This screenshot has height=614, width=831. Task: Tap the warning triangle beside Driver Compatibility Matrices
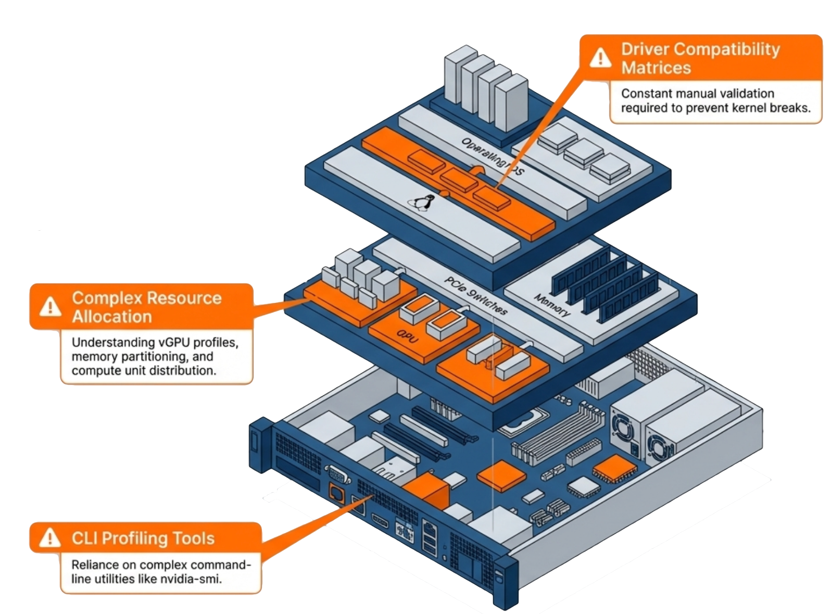pyautogui.click(x=601, y=57)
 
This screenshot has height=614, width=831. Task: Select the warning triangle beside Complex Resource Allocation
pyautogui.click(x=51, y=306)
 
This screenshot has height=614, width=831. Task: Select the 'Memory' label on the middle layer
pyautogui.click(x=552, y=305)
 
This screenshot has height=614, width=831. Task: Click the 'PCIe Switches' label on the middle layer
pyautogui.click(x=475, y=296)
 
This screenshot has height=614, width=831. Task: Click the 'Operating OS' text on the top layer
pyautogui.click(x=493, y=156)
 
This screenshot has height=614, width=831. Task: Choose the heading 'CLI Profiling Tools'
pyautogui.click(x=143, y=538)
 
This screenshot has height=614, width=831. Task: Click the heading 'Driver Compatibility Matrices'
pyautogui.click(x=700, y=58)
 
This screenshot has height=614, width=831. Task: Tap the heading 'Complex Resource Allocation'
pyautogui.click(x=146, y=307)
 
